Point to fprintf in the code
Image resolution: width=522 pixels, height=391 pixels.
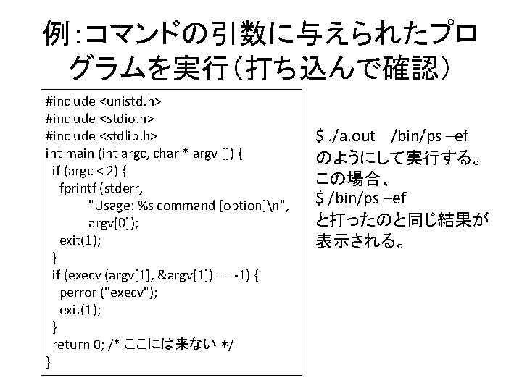coord(82,188)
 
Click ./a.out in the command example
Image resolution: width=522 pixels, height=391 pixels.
coord(352,136)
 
